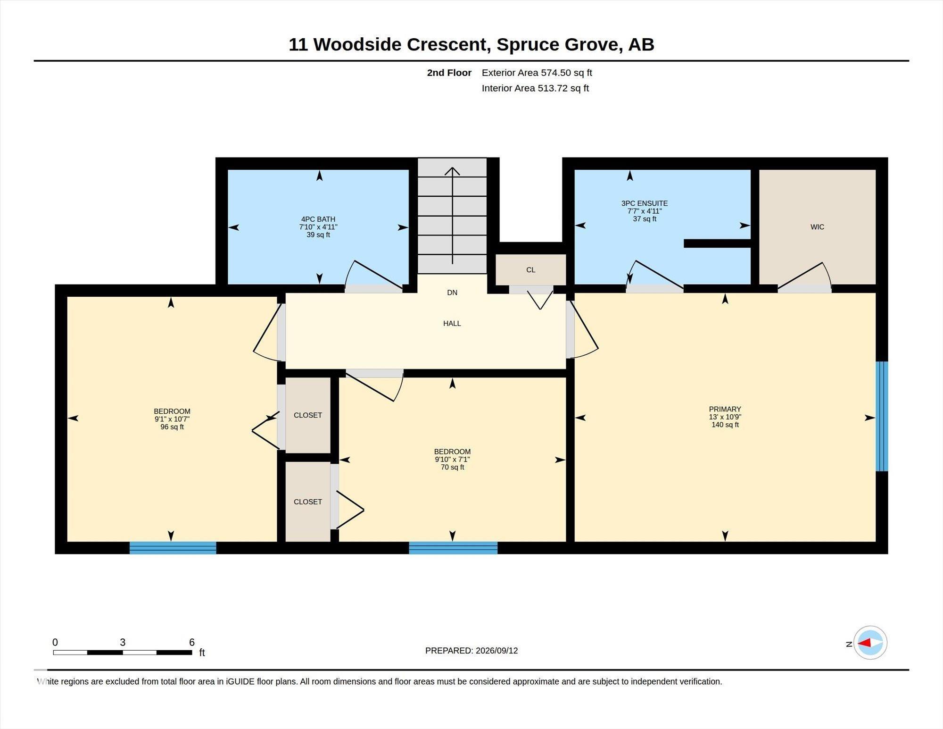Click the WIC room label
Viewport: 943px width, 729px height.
(817, 227)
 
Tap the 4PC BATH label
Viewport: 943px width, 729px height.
(318, 219)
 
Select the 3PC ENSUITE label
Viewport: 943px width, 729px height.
(645, 203)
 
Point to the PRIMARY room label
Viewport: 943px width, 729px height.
(725, 409)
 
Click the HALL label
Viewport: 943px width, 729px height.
(452, 323)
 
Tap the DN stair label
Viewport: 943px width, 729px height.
(452, 293)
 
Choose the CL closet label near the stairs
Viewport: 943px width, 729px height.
(531, 270)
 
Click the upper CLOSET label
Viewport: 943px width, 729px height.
(308, 415)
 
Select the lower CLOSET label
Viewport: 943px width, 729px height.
(308, 502)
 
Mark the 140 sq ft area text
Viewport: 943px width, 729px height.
(725, 425)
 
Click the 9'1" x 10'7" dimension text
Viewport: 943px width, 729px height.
(172, 419)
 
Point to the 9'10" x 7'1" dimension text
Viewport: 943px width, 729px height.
(453, 459)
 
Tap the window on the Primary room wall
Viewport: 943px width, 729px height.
(882, 416)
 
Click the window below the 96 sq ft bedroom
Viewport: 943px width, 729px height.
(173, 548)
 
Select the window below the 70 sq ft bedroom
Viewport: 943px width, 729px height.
(453, 548)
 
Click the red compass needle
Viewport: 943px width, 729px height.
(864, 643)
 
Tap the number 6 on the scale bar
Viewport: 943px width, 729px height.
(192, 642)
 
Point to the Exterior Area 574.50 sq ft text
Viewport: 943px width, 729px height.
(537, 73)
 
